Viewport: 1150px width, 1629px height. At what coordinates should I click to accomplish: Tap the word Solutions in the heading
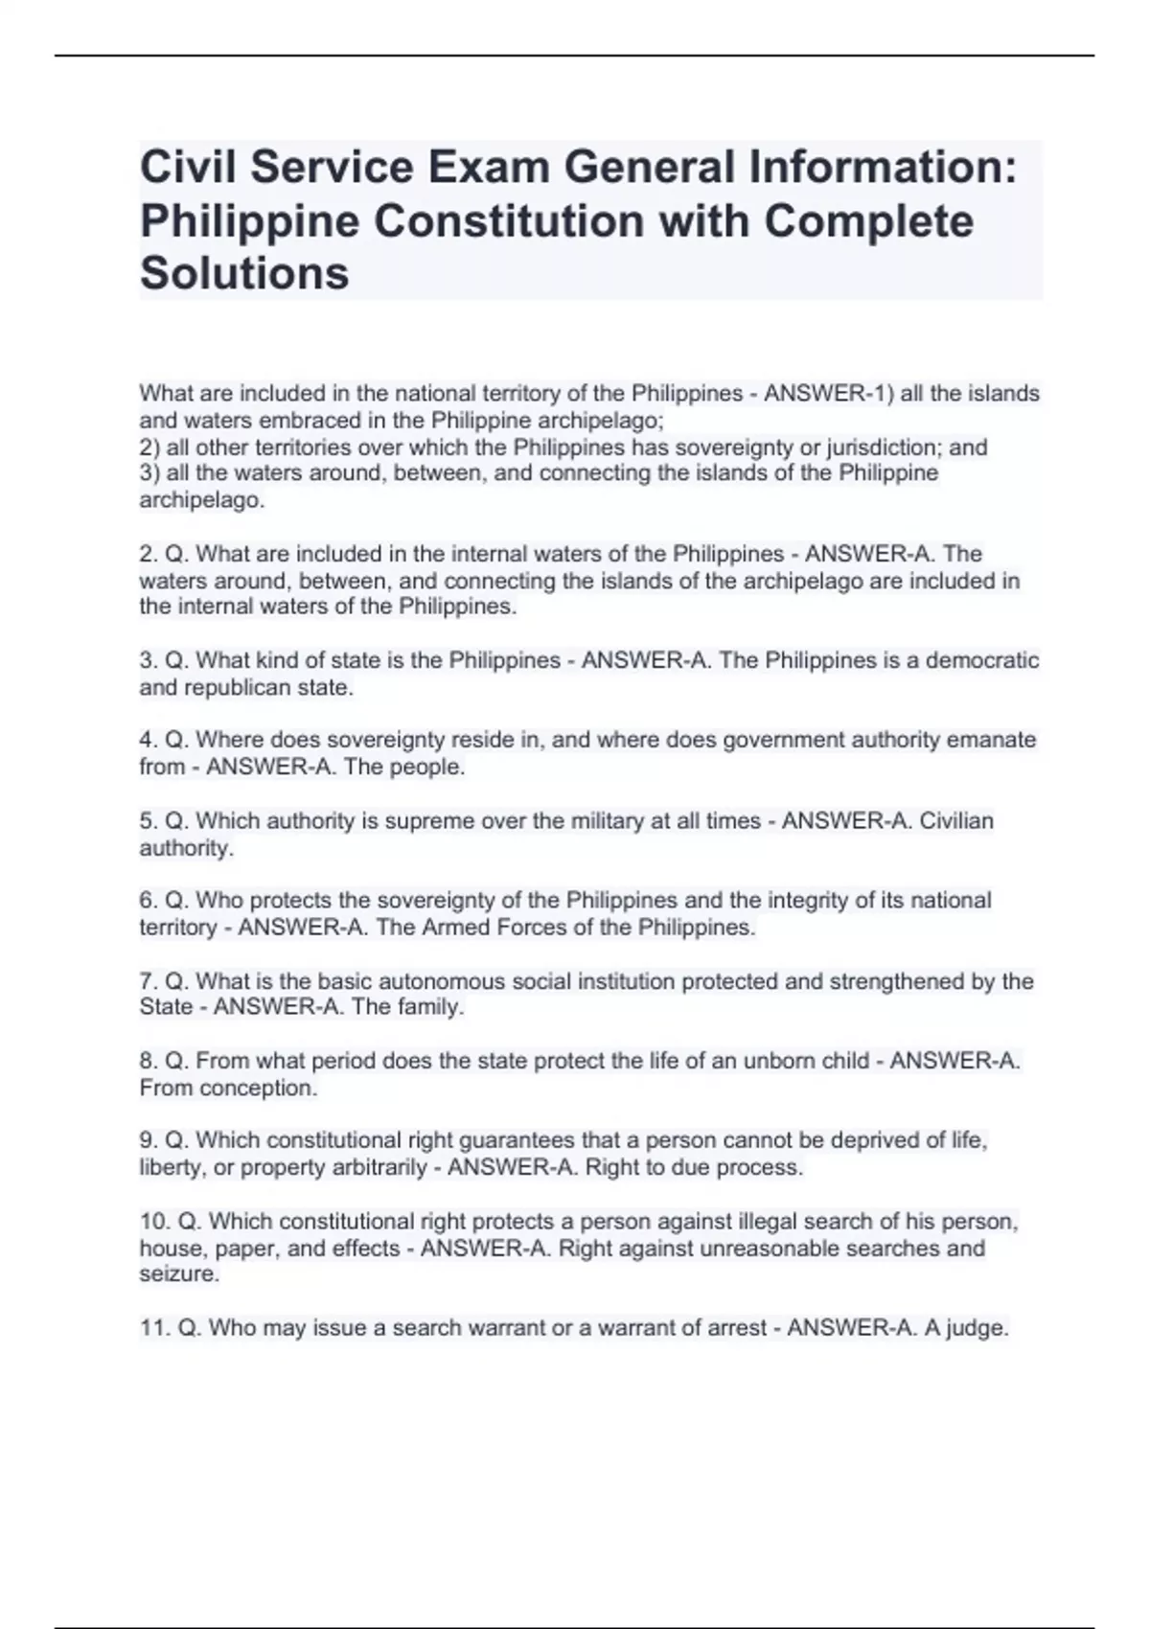click(244, 273)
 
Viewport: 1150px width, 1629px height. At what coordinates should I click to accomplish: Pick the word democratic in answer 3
click(981, 661)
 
